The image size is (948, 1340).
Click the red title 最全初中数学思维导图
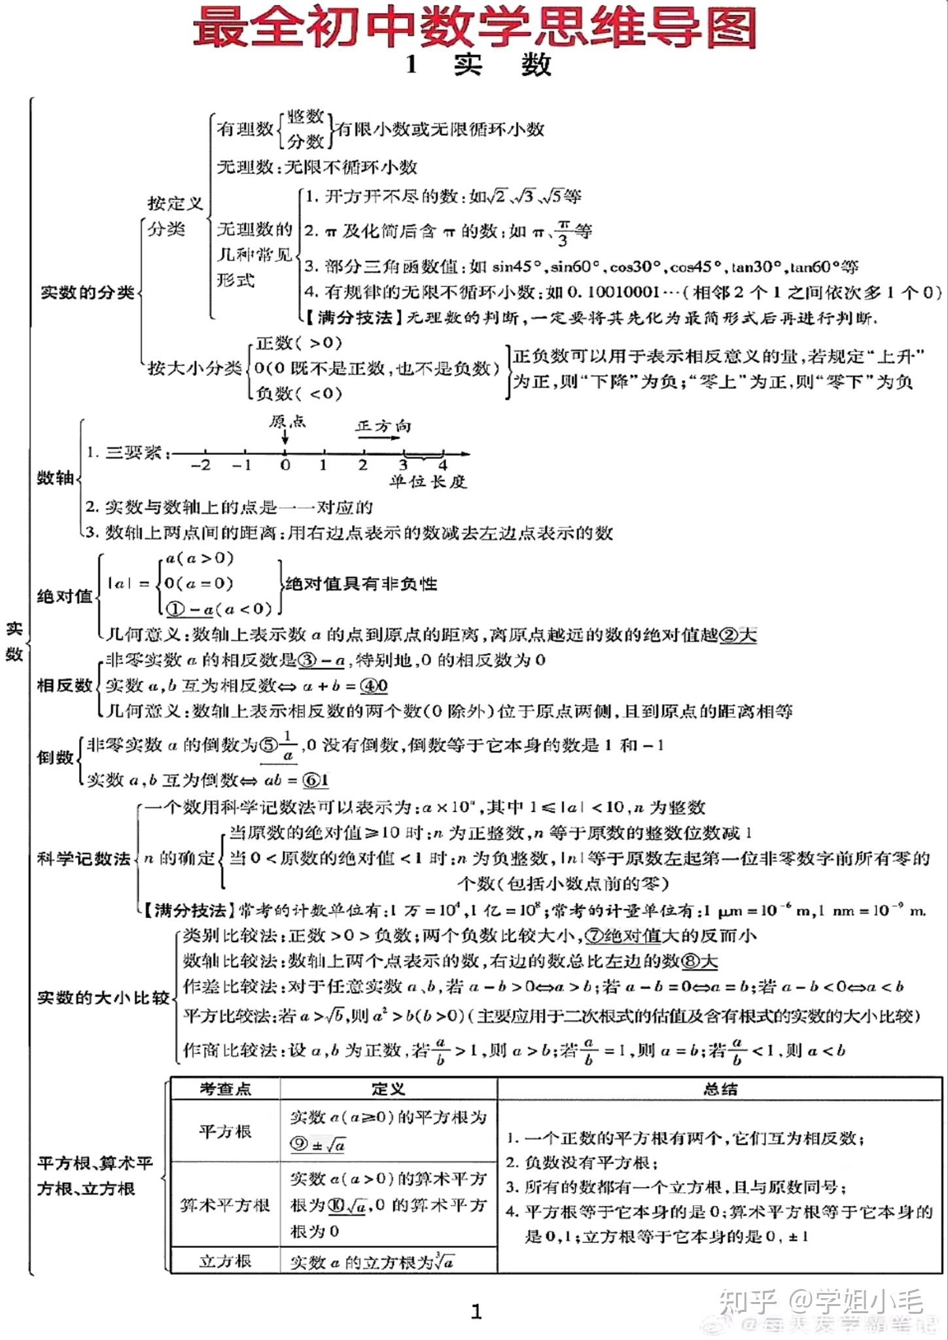click(x=474, y=27)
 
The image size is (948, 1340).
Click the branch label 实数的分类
click(x=88, y=292)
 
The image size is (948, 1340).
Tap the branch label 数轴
click(x=55, y=478)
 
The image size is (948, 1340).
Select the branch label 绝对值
click(x=65, y=596)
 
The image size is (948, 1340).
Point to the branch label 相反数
click(x=65, y=685)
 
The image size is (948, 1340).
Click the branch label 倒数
click(x=55, y=757)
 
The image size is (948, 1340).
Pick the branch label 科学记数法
click(x=84, y=858)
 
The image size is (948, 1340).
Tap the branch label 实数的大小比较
click(x=103, y=998)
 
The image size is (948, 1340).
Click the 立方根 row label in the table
click(x=225, y=1261)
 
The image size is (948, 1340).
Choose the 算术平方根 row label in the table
click(x=225, y=1205)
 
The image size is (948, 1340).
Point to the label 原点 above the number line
click(x=287, y=421)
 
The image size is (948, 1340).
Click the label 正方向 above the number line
click(x=383, y=426)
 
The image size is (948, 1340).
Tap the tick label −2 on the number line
click(x=201, y=465)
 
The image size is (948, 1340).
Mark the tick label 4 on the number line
click(x=443, y=465)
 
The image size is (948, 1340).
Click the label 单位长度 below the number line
click(x=428, y=482)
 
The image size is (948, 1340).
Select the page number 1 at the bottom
click(x=476, y=1311)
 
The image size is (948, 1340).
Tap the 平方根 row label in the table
click(x=225, y=1131)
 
